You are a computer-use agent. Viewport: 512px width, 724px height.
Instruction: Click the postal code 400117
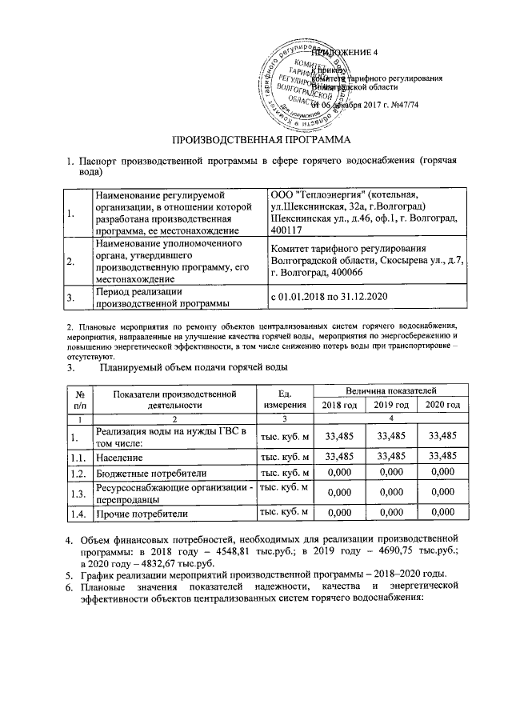point(289,231)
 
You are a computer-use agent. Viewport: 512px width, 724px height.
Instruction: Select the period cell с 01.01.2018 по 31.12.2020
point(333,297)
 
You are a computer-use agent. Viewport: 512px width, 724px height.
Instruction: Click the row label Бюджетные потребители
point(145,474)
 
